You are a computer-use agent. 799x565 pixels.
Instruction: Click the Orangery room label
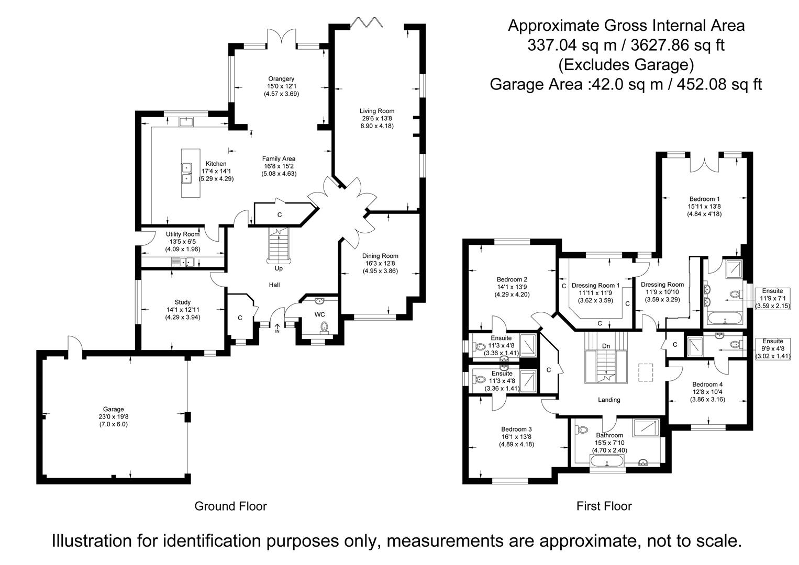click(281, 79)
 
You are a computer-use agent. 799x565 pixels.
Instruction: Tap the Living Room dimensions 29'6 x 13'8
click(376, 118)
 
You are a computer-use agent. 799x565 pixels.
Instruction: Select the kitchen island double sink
click(186, 173)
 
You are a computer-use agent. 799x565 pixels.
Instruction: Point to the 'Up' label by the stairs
click(279, 268)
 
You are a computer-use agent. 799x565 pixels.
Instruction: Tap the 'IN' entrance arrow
click(277, 328)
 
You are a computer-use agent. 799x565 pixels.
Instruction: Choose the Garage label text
click(114, 409)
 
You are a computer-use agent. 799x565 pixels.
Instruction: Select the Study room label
click(183, 302)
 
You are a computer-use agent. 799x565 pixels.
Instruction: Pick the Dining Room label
click(380, 256)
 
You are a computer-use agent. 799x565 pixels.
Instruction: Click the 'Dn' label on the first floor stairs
click(606, 346)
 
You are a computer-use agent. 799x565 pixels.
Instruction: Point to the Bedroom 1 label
click(704, 199)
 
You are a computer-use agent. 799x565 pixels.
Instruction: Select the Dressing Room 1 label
click(596, 285)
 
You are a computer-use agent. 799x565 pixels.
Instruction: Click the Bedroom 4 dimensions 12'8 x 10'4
click(707, 392)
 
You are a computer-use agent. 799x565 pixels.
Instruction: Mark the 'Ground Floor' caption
click(230, 506)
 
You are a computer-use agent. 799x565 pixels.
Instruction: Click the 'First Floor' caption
click(604, 506)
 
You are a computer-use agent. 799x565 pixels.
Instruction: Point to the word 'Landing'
click(609, 400)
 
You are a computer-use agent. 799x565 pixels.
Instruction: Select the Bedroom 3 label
click(516, 429)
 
